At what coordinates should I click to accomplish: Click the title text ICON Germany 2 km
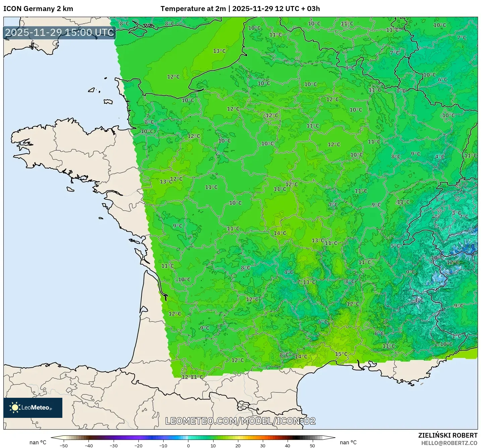coord(38,9)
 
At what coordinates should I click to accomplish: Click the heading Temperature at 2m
coord(193,9)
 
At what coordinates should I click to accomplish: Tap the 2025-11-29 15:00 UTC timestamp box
coord(60,32)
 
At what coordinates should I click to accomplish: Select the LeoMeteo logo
coord(33,407)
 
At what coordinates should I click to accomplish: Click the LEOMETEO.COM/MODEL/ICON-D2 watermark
coord(240,421)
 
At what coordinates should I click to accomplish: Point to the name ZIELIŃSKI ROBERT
coord(447,435)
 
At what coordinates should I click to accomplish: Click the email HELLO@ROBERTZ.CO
coord(449,443)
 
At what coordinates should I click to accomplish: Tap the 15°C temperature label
coord(341,354)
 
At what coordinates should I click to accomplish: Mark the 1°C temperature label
coord(457,336)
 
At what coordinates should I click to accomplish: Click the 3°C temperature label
coord(456,213)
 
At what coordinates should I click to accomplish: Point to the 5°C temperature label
coord(395,246)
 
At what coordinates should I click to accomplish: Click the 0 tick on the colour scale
coord(188,445)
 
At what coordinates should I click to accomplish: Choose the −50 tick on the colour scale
coord(63,445)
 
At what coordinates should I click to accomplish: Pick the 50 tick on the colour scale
coord(312,445)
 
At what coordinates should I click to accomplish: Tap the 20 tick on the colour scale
coord(238,445)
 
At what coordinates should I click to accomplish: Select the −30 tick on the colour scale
coord(113,445)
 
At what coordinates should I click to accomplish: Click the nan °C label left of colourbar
coord(38,442)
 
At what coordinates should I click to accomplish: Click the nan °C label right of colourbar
coord(348,442)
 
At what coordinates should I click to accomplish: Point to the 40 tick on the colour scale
coord(288,445)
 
